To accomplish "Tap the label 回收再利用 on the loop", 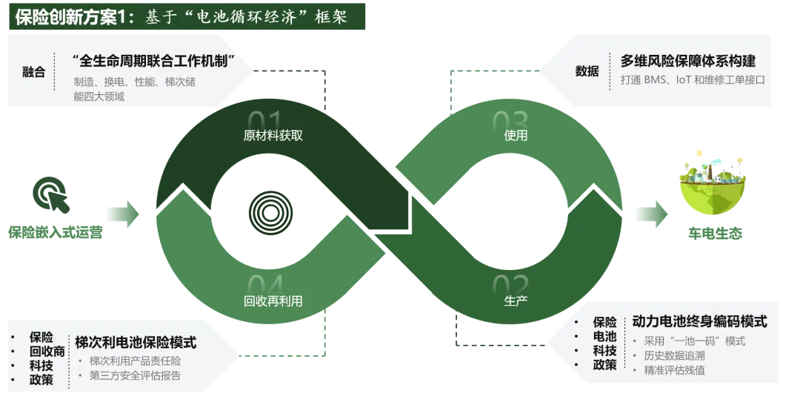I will tap(273, 301).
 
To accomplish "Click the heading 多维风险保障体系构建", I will tap(687, 61).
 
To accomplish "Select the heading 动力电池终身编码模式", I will tap(699, 322).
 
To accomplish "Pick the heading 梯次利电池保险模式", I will tap(136, 342).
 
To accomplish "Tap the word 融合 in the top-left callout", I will tap(34, 72).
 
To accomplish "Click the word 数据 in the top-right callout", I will tap(587, 71).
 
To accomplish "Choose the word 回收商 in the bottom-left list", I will tap(47, 351).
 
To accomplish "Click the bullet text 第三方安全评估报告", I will tap(135, 375).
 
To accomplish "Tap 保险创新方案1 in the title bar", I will tap(67, 16).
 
